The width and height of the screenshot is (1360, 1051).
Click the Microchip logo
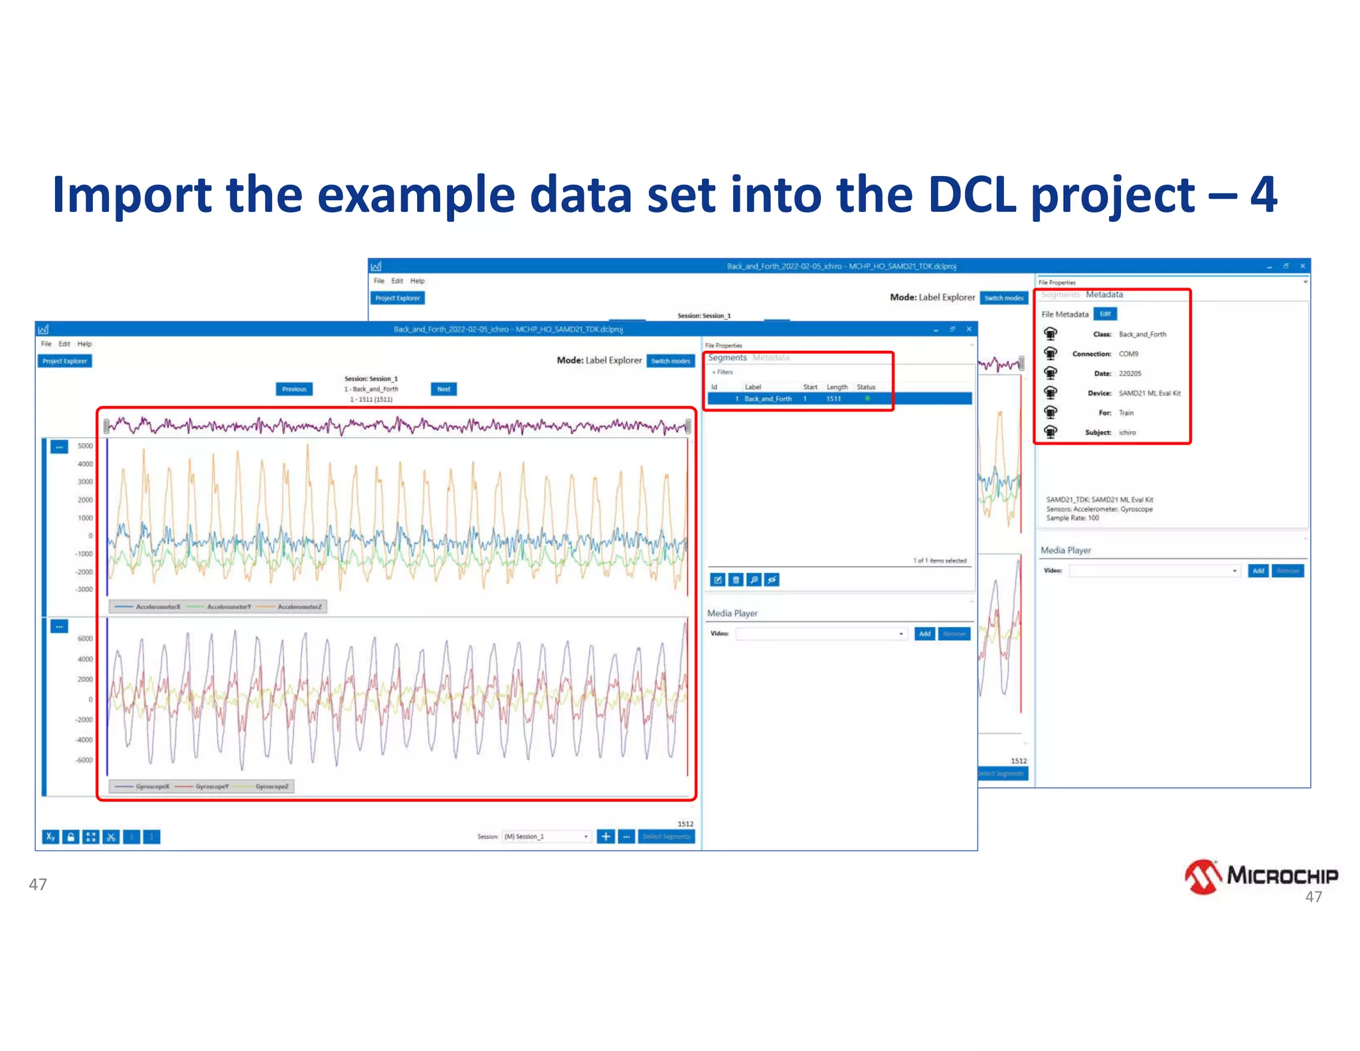[x=1260, y=876]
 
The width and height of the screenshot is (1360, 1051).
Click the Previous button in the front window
[x=294, y=389]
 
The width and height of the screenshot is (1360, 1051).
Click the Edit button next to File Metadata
[x=1105, y=314]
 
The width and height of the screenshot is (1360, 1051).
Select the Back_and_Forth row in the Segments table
[x=768, y=399]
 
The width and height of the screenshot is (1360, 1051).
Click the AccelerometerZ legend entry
[x=299, y=607]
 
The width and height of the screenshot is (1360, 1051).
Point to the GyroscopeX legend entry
[x=152, y=787]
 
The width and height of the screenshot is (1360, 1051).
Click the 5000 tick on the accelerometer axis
[x=85, y=446]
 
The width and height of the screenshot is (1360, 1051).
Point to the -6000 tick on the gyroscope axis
[x=84, y=760]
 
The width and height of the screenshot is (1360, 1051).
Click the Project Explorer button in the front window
[x=64, y=361]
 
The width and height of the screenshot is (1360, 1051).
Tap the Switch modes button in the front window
[x=670, y=361]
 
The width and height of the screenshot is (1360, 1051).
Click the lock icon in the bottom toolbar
[x=70, y=837]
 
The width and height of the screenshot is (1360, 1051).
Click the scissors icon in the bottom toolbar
[x=111, y=837]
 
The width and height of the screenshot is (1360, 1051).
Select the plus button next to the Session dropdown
[x=605, y=836]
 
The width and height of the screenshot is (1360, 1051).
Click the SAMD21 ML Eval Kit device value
[x=1149, y=393]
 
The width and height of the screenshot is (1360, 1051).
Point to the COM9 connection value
[x=1128, y=354]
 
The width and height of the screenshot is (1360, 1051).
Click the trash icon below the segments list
[x=736, y=580]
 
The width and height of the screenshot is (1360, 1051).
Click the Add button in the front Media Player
[x=924, y=634]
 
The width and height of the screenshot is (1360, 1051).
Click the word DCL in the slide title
[x=972, y=195]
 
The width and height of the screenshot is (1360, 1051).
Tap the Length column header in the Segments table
[x=837, y=387]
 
